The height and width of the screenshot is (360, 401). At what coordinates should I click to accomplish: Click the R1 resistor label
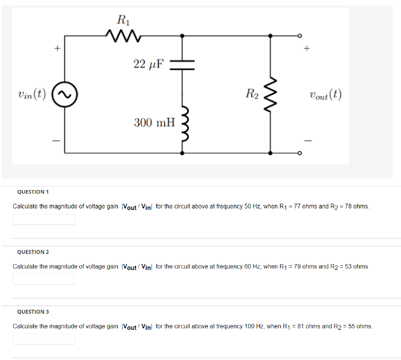123,20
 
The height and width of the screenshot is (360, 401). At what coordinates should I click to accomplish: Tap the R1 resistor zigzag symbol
123,37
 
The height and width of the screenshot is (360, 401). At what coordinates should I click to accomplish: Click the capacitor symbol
182,63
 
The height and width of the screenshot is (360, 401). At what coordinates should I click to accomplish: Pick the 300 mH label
155,123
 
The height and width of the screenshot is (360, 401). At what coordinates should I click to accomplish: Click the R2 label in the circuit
252,93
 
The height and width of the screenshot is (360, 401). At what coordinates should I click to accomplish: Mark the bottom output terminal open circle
300,153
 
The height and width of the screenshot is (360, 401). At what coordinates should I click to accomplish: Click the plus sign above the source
57,48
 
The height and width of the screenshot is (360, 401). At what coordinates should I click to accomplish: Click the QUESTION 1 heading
33,192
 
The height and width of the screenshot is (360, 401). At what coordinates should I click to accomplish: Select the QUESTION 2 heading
33,252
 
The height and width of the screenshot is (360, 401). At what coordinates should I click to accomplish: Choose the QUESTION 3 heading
33,311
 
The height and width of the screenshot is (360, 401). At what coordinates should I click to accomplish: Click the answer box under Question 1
44,220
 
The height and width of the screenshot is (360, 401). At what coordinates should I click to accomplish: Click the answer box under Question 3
44,339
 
